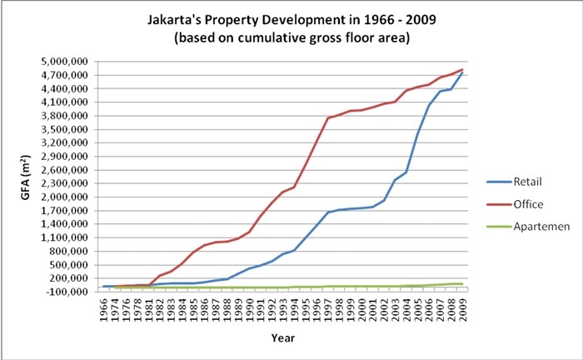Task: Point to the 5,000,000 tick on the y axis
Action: click(x=67, y=62)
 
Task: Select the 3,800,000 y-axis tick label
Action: click(x=67, y=116)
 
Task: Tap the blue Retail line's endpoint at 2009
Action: click(x=462, y=72)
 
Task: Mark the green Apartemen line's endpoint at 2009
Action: click(x=462, y=284)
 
